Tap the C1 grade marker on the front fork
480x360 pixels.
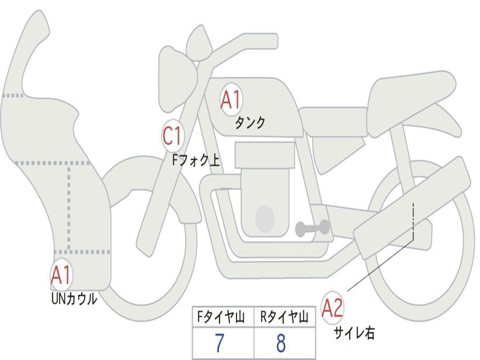coord(172,136)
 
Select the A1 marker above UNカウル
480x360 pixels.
coord(61,276)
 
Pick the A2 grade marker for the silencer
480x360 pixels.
coord(332,308)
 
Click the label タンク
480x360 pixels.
coord(250,123)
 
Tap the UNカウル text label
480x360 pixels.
coord(74,298)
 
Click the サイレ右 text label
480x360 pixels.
coord(354,333)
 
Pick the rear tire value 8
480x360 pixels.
coord(281,344)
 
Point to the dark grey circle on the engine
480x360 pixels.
coord(264,218)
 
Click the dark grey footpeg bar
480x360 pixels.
coord(312,228)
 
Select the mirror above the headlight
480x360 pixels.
coord(198,44)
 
